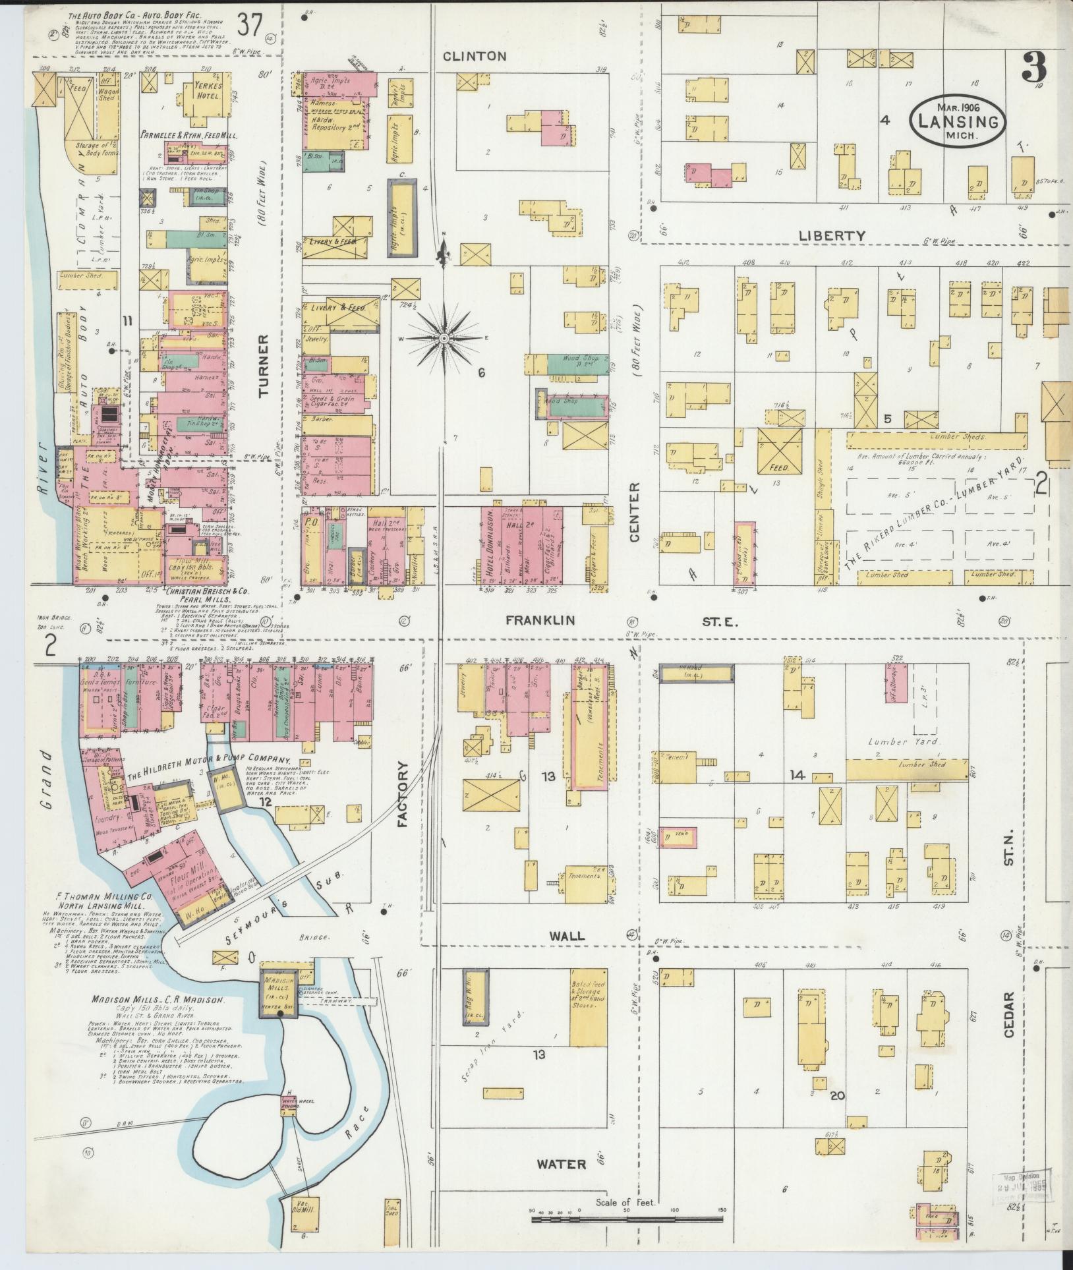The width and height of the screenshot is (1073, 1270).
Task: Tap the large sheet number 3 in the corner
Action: [x=1036, y=67]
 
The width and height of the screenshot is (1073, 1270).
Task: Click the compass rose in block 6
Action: [x=444, y=338]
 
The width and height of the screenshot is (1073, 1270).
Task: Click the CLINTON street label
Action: [x=475, y=57]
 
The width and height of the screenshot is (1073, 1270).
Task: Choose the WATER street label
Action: [x=561, y=1164]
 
